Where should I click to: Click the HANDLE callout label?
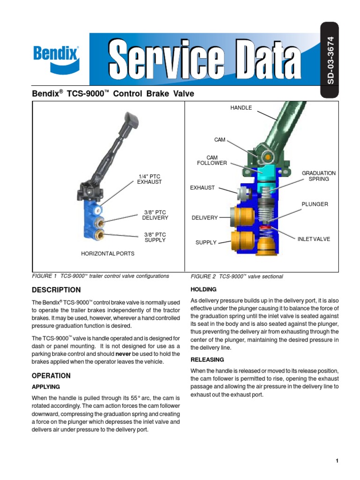pyautogui.click(x=241, y=108)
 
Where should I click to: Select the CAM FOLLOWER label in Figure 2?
pyautogui.click(x=212, y=160)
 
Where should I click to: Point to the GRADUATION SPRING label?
pyautogui.click(x=319, y=176)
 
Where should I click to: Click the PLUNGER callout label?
pyautogui.click(x=315, y=204)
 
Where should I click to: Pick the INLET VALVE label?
pyautogui.click(x=314, y=239)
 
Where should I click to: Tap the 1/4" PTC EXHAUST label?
pyautogui.click(x=149, y=179)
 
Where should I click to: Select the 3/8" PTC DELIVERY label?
pyautogui.click(x=155, y=215)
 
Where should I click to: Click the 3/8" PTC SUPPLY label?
pyautogui.click(x=155, y=237)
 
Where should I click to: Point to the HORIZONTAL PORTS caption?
pyautogui.click(x=108, y=254)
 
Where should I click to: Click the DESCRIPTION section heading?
pyautogui.click(x=56, y=290)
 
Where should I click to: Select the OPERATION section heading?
pyautogui.click(x=51, y=375)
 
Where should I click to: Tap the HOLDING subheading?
pyautogui.click(x=203, y=289)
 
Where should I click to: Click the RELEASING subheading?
pyautogui.click(x=207, y=360)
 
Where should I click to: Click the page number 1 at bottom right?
pyautogui.click(x=337, y=461)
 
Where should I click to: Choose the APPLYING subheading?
pyautogui.click(x=45, y=387)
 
